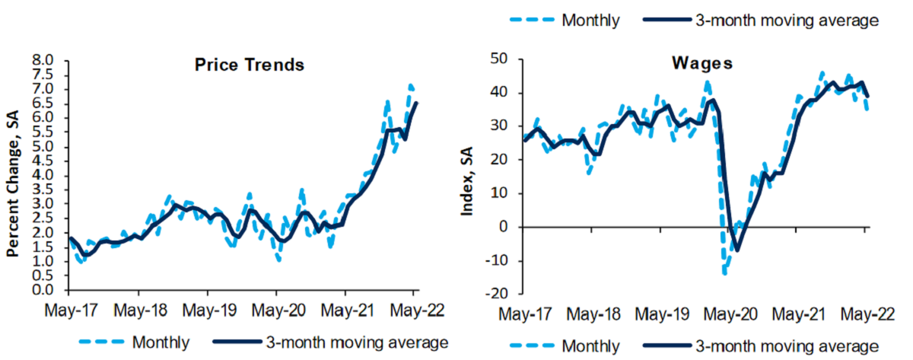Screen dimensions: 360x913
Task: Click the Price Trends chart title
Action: tap(247, 65)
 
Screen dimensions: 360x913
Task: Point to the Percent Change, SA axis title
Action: tap(13, 175)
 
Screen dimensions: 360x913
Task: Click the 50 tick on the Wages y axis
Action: tap(501, 59)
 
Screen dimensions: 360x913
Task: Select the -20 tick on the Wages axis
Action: tap(498, 294)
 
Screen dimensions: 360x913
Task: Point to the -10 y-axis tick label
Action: tap(498, 260)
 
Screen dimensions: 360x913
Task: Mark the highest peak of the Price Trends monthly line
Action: tap(411, 84)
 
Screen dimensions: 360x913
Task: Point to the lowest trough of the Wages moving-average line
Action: tap(736, 250)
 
